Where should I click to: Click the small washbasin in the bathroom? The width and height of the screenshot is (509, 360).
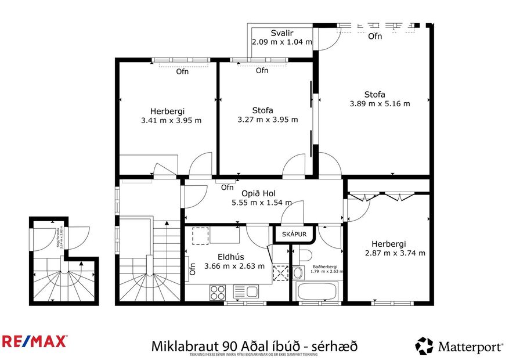pos(298,272)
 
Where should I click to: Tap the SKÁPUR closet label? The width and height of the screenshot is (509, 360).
pos(294,234)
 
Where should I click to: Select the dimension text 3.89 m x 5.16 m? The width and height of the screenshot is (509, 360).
pos(380,104)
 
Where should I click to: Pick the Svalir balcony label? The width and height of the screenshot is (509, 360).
pos(281,33)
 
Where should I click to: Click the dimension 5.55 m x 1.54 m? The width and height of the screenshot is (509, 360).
pos(261,203)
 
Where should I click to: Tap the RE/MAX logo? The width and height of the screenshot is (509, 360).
pos(34,341)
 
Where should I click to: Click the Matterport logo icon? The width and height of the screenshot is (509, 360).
pos(424,346)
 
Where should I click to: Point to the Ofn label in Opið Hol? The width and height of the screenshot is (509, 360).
pos(228,188)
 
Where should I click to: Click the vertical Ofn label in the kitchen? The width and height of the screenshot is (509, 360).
pos(192,268)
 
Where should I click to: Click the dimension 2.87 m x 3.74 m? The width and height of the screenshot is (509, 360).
pos(395,253)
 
